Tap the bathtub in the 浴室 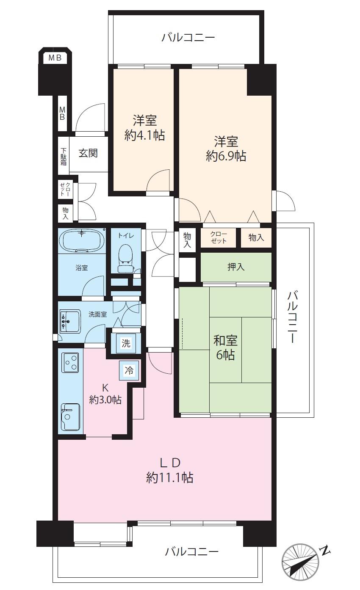[82, 241]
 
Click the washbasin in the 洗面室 [70, 321]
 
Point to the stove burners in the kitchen [70, 362]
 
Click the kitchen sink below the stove [70, 417]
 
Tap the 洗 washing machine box [126, 343]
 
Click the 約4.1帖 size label [145, 135]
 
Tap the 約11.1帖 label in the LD [170, 478]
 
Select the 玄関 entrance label [88, 153]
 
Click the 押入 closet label [236, 267]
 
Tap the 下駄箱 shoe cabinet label [64, 156]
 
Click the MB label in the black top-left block [55, 58]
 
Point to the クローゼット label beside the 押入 [218, 238]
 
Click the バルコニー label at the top [188, 38]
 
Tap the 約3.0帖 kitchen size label [105, 399]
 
